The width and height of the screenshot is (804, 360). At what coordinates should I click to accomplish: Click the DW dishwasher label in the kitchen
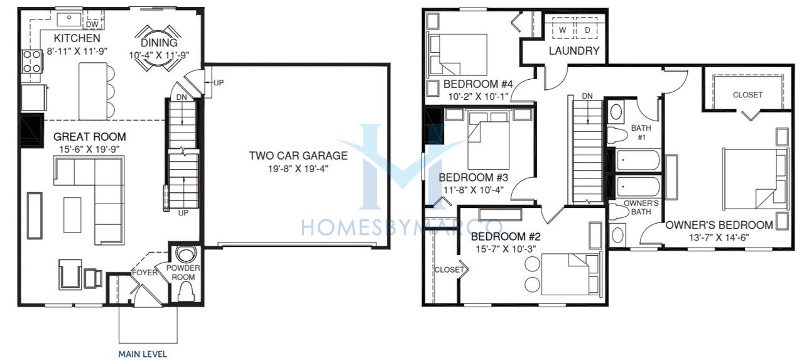pos(92,25)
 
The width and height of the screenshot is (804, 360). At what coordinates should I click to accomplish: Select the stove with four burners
pos(32,62)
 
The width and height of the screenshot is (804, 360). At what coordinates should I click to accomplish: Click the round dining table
pos(158,48)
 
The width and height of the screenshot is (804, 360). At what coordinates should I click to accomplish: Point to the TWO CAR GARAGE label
pos(298,155)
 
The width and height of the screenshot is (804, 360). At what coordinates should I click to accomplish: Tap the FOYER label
pos(144,273)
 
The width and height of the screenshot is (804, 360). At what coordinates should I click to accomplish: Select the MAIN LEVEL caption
pos(143,354)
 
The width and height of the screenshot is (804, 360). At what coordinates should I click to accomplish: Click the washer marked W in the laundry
pos(562,30)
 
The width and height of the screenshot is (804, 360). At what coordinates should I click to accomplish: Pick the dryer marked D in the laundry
pos(587,30)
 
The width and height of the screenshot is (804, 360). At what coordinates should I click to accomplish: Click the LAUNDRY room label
pos(574,51)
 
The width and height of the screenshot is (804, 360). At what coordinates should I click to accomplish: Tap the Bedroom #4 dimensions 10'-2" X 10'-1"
pos(478,97)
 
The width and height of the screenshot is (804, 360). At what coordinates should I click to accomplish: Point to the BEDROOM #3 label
pos(473,178)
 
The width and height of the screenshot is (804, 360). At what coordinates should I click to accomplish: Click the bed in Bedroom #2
pos(571,274)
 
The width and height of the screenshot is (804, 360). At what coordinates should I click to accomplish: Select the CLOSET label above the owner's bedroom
pos(747,95)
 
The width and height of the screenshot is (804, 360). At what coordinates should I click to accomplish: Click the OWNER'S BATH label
pos(641,207)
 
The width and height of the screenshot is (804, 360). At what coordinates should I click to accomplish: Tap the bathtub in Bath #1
pos(638,160)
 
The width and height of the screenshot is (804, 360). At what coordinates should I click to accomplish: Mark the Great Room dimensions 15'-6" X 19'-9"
pos(89,150)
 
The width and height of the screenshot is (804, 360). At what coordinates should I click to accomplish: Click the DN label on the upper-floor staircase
pos(587,96)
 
